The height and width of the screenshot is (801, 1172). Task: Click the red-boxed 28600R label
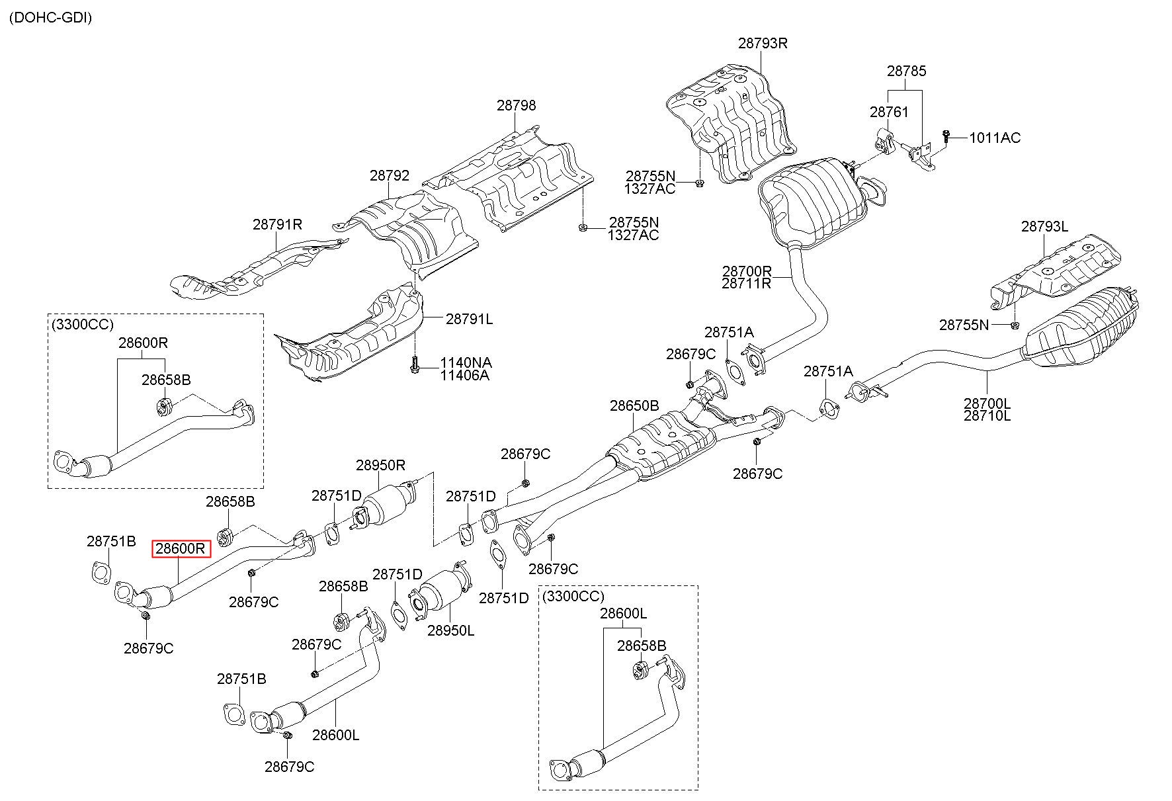[x=181, y=549]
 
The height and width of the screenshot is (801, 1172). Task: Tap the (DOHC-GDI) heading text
[x=50, y=18]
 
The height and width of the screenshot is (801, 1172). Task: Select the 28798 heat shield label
[x=517, y=105]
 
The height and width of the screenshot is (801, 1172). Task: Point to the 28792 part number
[x=390, y=175]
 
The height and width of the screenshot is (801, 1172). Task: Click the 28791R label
[x=277, y=224]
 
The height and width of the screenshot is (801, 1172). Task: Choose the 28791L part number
[x=469, y=319]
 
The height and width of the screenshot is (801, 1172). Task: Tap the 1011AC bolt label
[x=995, y=138]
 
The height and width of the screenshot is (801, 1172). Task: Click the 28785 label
[x=907, y=71]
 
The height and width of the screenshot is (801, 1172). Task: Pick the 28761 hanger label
[x=889, y=112]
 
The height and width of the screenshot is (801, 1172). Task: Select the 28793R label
[x=763, y=43]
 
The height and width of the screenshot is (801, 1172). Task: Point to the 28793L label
[x=1044, y=226]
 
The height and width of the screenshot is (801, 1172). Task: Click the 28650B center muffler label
[x=634, y=405]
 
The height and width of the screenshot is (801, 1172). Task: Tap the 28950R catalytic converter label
[x=380, y=465]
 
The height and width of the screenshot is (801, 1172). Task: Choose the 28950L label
[x=450, y=630]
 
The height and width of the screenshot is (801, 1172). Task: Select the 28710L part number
[x=987, y=415]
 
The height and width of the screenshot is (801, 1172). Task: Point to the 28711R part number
[x=747, y=283]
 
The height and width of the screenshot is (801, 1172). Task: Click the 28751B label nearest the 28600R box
[x=111, y=541]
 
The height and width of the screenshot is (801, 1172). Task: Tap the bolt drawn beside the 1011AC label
[x=947, y=137]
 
